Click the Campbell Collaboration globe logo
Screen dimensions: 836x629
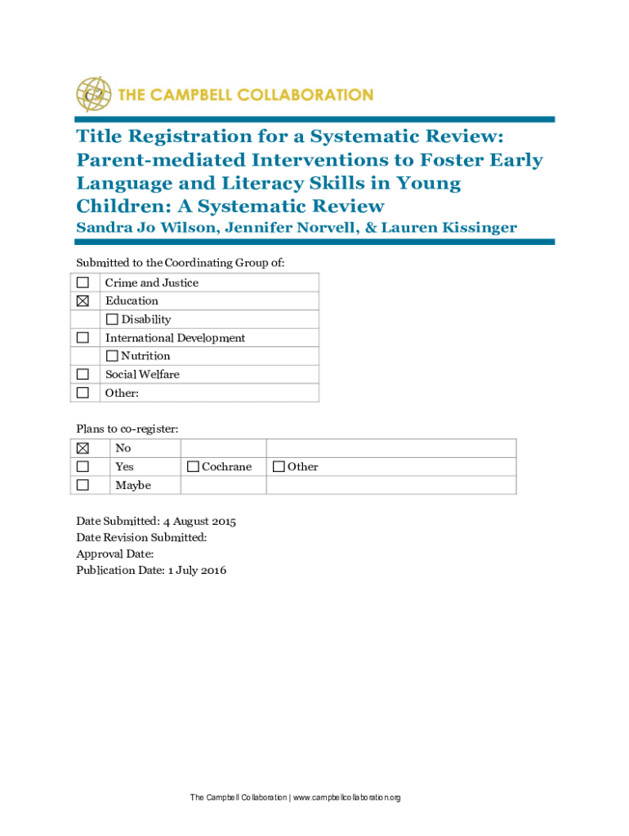[x=93, y=94]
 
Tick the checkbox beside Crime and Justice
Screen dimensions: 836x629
[x=83, y=282]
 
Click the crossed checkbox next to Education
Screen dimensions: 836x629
[x=83, y=301]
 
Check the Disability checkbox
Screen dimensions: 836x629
[x=112, y=319]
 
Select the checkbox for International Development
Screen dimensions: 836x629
[x=83, y=338]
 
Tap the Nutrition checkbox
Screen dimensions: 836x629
[x=112, y=356]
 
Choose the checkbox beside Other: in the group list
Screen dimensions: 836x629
[x=83, y=393]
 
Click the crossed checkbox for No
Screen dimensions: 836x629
[x=83, y=448]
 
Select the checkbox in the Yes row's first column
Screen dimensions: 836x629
[x=83, y=467]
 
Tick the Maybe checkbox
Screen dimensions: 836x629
[x=83, y=486]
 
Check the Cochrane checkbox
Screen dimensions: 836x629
[x=193, y=467]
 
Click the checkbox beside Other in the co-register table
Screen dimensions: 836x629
[x=279, y=467]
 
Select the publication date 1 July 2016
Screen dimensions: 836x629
[x=197, y=570]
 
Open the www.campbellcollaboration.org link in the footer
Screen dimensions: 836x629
[x=346, y=798]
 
